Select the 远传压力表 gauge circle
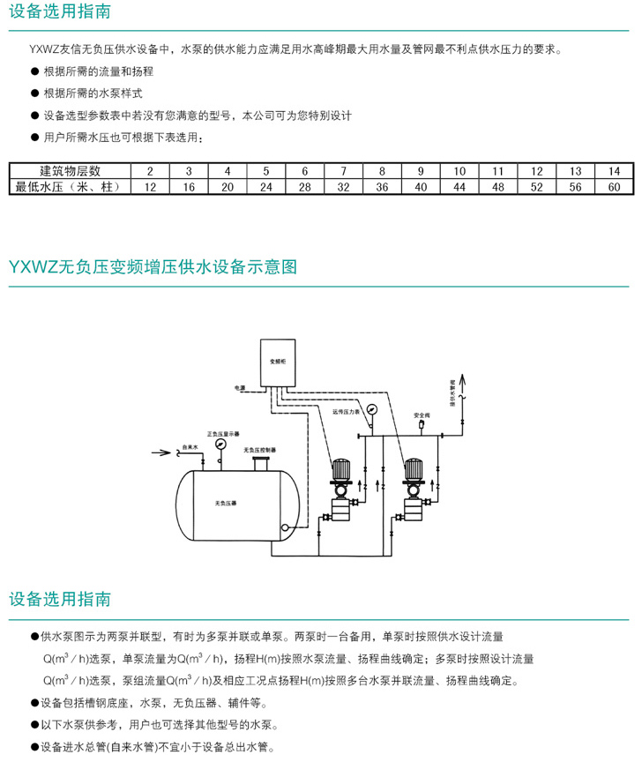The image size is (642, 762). (x=372, y=409)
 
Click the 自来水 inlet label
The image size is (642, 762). (x=187, y=446)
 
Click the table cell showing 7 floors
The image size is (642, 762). (x=343, y=171)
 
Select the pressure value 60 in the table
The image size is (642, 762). (x=614, y=186)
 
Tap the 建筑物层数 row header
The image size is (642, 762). (x=70, y=171)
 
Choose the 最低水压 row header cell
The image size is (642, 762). (x=70, y=186)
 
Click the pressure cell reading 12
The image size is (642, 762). (x=150, y=186)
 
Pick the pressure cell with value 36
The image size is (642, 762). (x=382, y=186)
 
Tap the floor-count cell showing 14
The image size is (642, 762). (x=614, y=171)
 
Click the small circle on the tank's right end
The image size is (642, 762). (x=284, y=527)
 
